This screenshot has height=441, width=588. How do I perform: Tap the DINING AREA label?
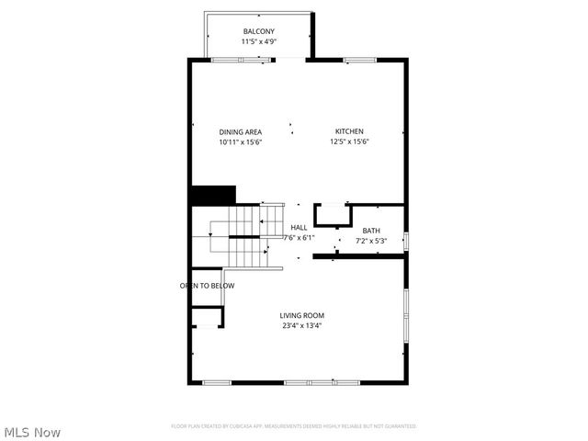coord(240,131)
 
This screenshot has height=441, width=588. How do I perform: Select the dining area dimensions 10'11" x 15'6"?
coord(240,141)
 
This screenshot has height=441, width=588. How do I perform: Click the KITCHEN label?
coord(349,131)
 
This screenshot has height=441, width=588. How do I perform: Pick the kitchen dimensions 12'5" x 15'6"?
coord(353,141)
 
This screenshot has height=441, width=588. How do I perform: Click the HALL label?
coord(299,228)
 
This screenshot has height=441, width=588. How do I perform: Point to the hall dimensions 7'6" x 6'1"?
coord(299,238)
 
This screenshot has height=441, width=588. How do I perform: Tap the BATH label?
coord(370,232)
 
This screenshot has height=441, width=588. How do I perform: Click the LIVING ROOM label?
coord(301,315)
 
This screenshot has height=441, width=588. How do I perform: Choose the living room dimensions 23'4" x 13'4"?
coord(301,325)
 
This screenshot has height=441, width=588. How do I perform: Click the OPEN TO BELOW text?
coord(207,286)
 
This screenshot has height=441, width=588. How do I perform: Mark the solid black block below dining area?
coord(212,196)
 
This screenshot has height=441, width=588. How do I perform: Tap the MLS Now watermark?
coord(32,431)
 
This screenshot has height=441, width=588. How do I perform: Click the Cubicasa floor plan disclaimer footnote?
coord(294,426)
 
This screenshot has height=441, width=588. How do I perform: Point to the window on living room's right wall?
coord(406,317)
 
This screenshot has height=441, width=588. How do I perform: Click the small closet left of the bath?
coord(331,216)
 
